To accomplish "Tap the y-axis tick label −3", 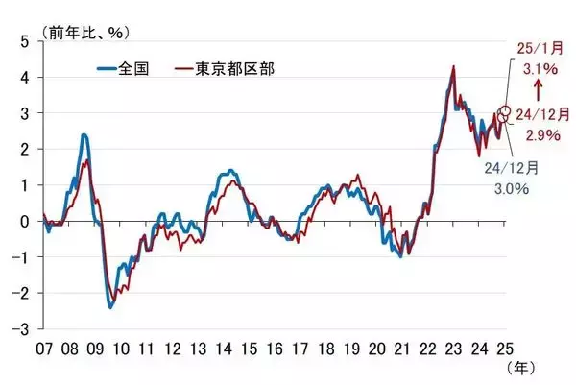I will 21,328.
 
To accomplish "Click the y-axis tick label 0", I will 25,221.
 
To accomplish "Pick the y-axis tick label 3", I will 25,113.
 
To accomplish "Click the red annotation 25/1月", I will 535,47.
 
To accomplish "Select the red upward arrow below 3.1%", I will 535,90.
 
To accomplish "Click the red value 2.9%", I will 539,135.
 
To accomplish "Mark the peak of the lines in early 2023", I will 452,66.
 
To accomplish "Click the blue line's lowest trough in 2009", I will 110,307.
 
